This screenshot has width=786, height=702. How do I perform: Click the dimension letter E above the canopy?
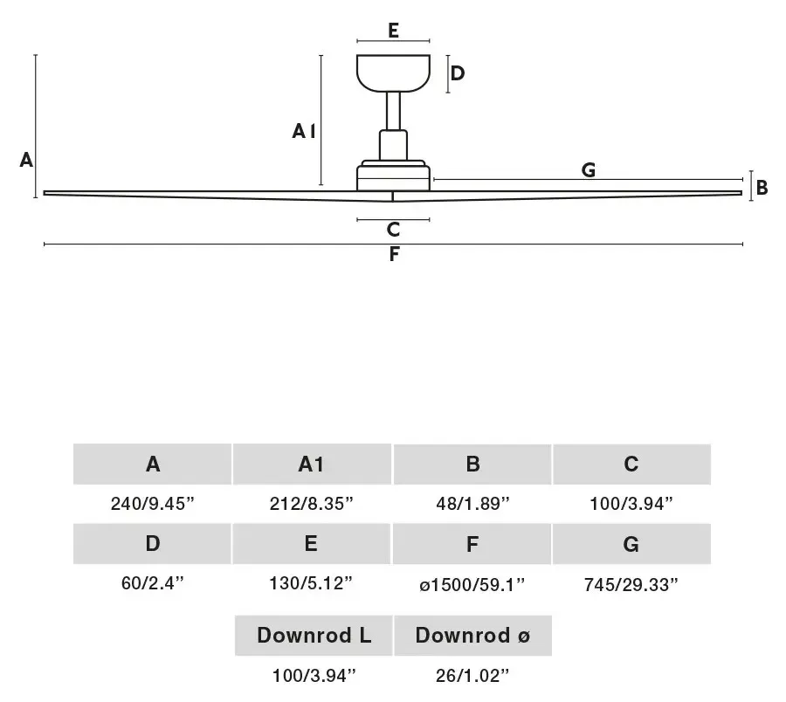click(x=394, y=30)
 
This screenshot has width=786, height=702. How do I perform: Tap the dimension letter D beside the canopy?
click(x=458, y=73)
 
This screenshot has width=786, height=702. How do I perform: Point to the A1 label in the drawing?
click(x=304, y=131)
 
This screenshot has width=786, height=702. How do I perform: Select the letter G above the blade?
click(x=589, y=170)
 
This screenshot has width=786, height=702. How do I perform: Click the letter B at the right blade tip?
click(x=762, y=188)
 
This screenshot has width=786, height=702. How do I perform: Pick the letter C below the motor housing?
click(x=394, y=230)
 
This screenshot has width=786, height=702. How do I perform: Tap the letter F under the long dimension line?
click(x=394, y=255)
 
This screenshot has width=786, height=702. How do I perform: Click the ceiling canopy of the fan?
click(x=394, y=73)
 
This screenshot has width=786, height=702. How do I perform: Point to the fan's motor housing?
click(x=394, y=175)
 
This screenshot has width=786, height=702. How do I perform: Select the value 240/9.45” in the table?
click(x=152, y=503)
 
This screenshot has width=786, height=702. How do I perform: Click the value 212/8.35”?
click(x=311, y=503)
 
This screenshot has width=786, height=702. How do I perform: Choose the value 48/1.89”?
click(x=472, y=503)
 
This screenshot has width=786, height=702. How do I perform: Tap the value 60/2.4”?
click(x=152, y=582)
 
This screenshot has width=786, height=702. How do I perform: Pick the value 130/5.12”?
click(x=311, y=582)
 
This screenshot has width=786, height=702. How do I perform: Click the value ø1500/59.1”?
click(x=472, y=584)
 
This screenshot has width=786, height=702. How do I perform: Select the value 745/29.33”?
click(x=631, y=584)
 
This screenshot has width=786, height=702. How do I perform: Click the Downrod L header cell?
click(x=314, y=636)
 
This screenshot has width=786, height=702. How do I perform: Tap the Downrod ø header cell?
click(x=472, y=636)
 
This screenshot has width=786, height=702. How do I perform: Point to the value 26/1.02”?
click(x=472, y=676)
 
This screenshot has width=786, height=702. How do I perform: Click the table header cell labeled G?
click(x=631, y=544)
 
